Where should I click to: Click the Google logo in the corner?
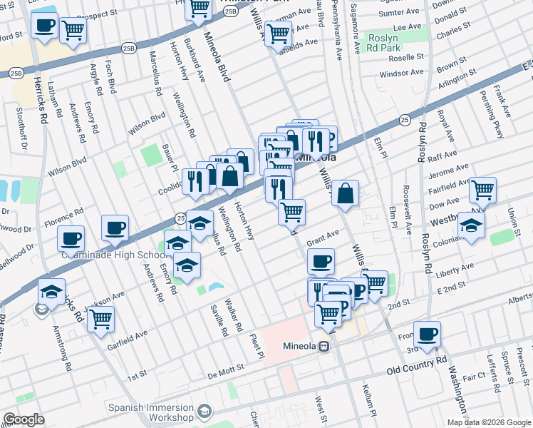(x=24, y=419)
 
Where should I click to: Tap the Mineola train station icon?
(x=324, y=346)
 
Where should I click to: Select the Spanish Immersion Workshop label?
(x=150, y=412)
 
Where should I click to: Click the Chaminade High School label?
(x=114, y=255)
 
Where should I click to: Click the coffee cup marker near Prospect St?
(x=44, y=26)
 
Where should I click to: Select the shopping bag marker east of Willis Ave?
(x=345, y=193)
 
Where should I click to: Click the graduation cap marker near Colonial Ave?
(x=472, y=225)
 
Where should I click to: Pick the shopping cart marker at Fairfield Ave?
(x=483, y=190)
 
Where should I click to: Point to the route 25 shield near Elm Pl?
(x=404, y=120)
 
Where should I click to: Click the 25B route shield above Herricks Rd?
(x=16, y=73)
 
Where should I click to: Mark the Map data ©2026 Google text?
(x=489, y=422)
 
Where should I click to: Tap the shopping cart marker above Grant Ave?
(x=291, y=211)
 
